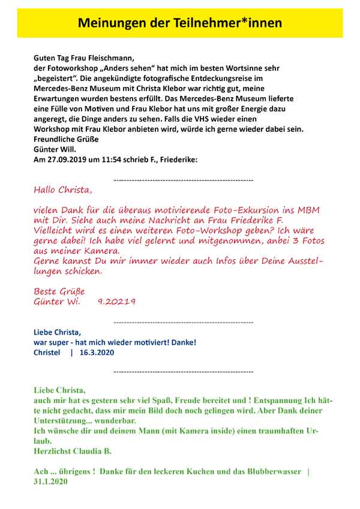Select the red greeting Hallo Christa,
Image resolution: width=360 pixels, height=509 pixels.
click(63, 190)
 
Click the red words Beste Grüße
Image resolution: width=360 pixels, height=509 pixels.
click(59, 291)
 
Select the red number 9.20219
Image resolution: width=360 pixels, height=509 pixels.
click(116, 302)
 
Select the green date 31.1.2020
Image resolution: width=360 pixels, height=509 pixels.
click(50, 481)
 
